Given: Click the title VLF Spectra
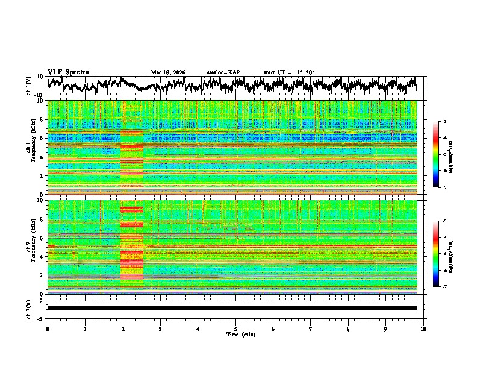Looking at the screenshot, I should (x=68, y=72).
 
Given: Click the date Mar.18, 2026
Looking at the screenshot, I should (x=168, y=72).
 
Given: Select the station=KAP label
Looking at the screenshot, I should (x=223, y=72).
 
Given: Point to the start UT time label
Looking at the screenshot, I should (x=291, y=72).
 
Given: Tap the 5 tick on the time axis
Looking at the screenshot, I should (x=235, y=329).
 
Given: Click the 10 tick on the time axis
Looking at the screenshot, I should (x=423, y=329).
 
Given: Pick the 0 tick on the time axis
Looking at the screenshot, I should (x=48, y=329).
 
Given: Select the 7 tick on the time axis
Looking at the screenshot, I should (x=311, y=329).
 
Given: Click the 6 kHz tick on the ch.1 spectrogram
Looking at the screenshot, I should (x=43, y=138).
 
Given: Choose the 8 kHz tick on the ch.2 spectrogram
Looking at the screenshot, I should (x=43, y=219).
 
